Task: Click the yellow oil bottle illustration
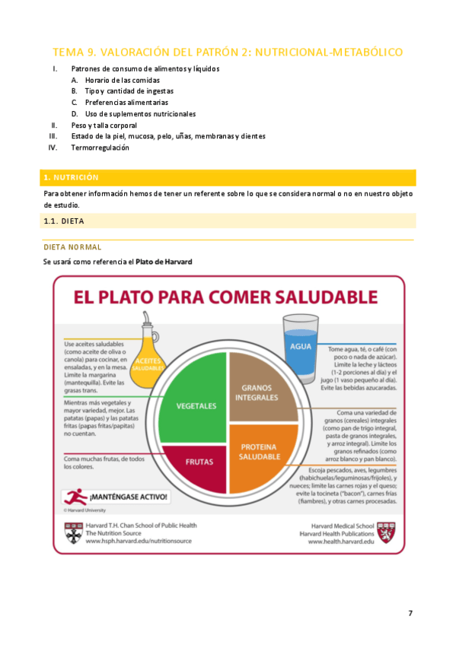click(x=148, y=349)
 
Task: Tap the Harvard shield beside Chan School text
click(x=73, y=533)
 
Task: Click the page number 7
click(x=410, y=613)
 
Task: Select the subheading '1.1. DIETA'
click(x=64, y=221)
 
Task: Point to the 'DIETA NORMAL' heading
click(x=72, y=247)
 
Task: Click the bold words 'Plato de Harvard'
click(x=164, y=262)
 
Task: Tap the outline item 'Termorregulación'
click(x=100, y=148)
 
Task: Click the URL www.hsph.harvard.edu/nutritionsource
click(x=139, y=542)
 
